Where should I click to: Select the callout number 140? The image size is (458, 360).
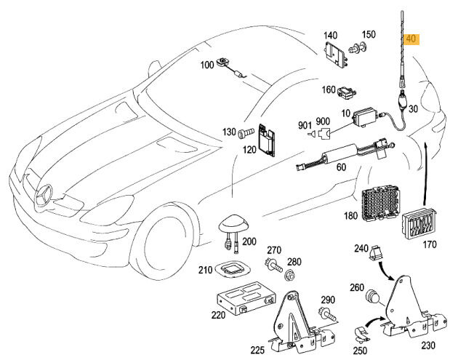coord(330,35)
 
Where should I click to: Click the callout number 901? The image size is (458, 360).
coord(304,124)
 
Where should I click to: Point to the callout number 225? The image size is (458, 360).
coord(257,350)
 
